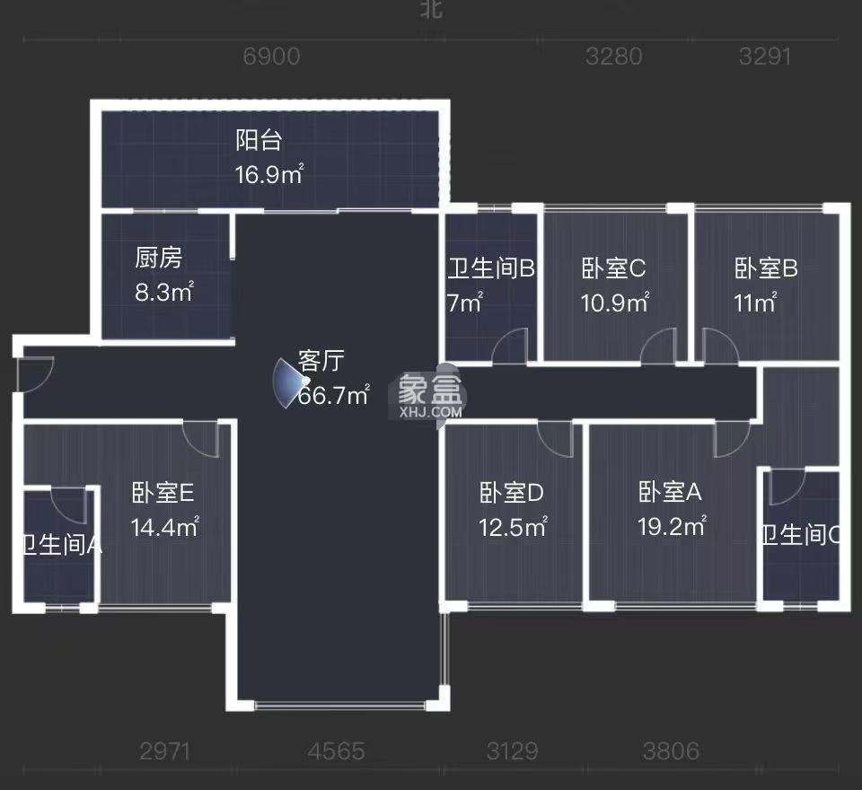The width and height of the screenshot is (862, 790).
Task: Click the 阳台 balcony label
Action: coord(259,141)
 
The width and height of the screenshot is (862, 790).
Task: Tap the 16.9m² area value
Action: coord(268,174)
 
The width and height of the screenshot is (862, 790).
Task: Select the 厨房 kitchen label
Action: coord(159,259)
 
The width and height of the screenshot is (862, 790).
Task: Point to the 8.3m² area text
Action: coord(164,292)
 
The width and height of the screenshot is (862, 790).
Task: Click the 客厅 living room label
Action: coord(321,362)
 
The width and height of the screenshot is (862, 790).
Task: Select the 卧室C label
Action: coord(614,268)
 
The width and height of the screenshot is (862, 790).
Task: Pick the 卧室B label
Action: coord(766,268)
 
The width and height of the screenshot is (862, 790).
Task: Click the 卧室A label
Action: coord(670,492)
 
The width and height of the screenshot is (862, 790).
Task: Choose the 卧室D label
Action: coord(512,493)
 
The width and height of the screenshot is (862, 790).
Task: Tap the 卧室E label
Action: coord(163,493)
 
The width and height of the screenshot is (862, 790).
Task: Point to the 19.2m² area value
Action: coord(672,527)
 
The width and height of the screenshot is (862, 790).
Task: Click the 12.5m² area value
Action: coord(513,527)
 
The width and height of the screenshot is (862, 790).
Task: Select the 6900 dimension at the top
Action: coord(271,57)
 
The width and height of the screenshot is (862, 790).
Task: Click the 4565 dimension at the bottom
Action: coord(336,750)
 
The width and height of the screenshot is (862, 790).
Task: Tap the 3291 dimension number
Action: coord(765,57)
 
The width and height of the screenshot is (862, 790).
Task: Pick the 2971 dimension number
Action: coord(165,750)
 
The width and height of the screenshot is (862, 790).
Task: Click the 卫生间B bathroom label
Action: coord(492,268)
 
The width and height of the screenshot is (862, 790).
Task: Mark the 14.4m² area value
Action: coord(164,527)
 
